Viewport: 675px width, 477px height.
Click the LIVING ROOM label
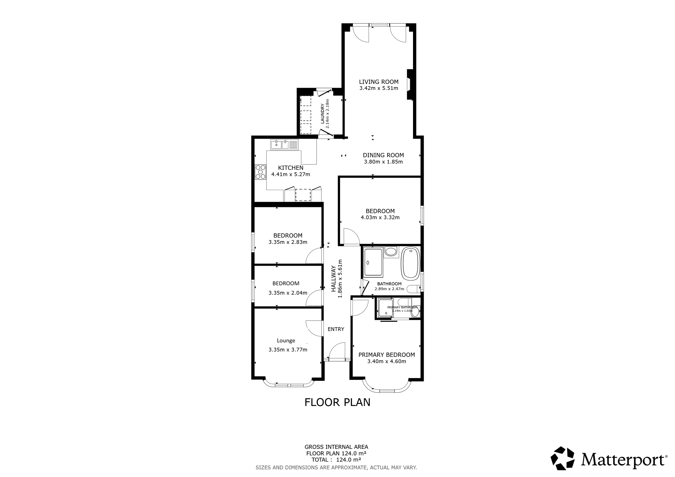[x=379, y=82]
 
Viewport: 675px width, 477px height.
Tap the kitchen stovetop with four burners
[x=260, y=172]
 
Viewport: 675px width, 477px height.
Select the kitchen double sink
[x=284, y=145]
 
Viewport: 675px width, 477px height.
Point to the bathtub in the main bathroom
[x=410, y=264]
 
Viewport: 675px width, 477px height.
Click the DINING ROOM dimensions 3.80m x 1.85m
[x=383, y=162]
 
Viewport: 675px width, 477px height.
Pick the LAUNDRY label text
[x=322, y=114]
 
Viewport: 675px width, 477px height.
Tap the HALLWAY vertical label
[x=334, y=279]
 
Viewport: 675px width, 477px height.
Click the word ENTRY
[x=336, y=329]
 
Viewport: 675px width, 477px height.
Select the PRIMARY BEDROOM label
[x=387, y=355]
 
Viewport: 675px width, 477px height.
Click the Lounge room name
[x=286, y=341]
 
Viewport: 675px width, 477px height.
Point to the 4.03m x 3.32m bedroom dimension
[x=380, y=217]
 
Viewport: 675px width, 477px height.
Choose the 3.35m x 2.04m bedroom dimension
[x=288, y=293]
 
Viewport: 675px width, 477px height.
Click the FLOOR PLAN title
[x=337, y=402]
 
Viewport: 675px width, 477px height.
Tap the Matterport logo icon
[x=563, y=458]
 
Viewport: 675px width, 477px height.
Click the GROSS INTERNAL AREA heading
[x=336, y=447]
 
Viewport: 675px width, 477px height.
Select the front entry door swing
[x=337, y=351]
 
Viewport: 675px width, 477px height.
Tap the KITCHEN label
[x=291, y=168]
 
